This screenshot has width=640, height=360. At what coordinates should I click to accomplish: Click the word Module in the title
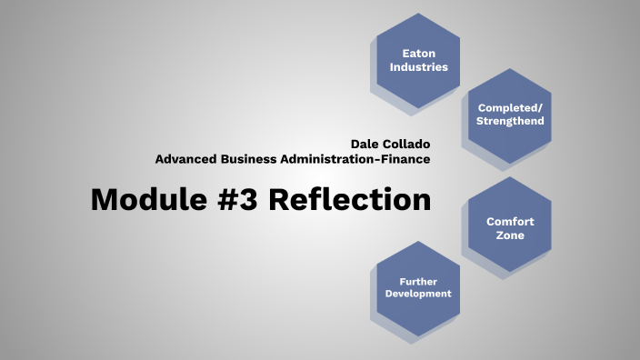(149, 199)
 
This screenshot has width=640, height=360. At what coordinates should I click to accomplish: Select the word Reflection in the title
(350, 199)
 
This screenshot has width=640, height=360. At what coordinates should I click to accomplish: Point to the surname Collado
(406, 144)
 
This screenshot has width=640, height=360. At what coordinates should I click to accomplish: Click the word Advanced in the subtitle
(188, 158)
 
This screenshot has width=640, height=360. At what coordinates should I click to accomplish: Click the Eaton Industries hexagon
(418, 59)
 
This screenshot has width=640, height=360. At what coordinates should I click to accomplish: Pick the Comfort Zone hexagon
(510, 227)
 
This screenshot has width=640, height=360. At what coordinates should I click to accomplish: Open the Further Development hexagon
(418, 287)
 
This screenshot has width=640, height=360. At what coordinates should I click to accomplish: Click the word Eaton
(418, 53)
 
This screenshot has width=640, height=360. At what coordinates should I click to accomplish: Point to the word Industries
(418, 66)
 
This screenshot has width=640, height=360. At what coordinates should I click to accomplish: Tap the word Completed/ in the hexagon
(510, 106)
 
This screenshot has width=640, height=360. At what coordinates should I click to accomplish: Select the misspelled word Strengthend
(510, 120)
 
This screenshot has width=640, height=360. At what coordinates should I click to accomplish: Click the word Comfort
(510, 221)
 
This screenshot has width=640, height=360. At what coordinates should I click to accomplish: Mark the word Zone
(510, 235)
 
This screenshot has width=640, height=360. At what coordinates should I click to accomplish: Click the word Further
(418, 281)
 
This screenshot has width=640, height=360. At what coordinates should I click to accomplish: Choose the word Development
(418, 294)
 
